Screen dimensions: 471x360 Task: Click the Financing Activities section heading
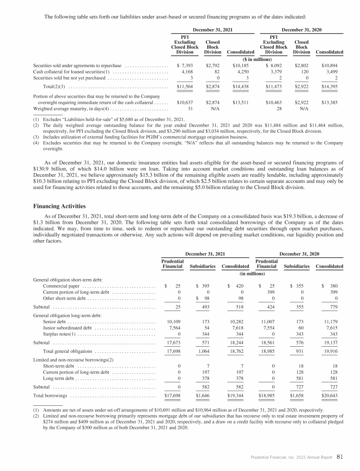click(60, 205)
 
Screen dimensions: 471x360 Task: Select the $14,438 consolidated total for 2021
click(240, 87)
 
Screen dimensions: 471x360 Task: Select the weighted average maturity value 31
click(191, 109)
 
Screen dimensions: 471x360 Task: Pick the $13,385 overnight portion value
click(332, 102)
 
